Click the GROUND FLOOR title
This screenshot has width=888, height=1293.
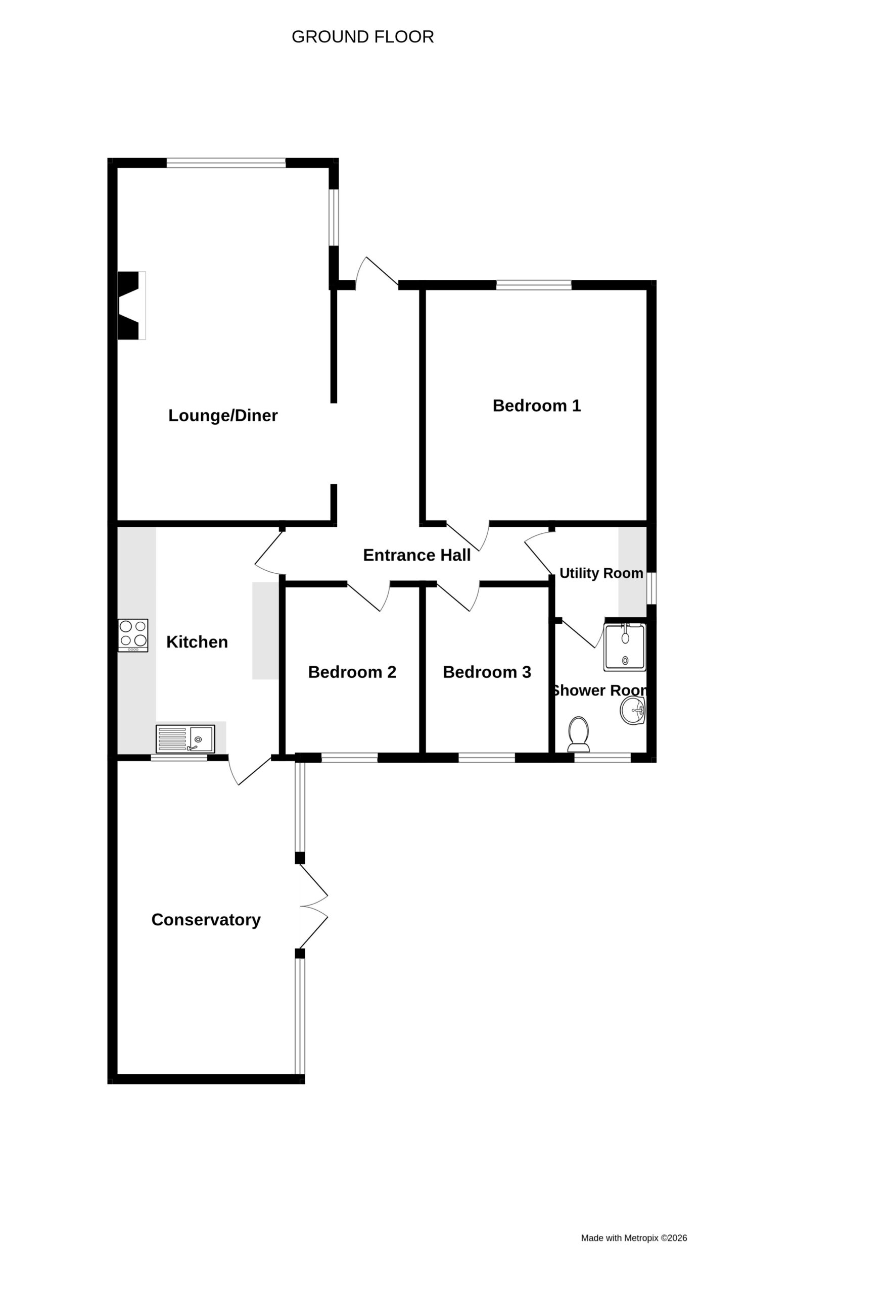(362, 37)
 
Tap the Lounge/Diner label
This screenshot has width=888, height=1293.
(223, 416)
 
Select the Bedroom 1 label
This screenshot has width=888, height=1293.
(537, 406)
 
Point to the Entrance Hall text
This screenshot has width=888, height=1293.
(416, 555)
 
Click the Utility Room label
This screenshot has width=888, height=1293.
(601, 573)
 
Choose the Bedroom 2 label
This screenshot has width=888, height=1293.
(352, 672)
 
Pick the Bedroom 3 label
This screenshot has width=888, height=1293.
(487, 672)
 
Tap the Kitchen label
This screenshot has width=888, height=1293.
(197, 642)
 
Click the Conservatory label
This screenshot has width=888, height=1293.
(206, 920)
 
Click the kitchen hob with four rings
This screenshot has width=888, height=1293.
(133, 635)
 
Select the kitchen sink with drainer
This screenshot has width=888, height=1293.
(185, 739)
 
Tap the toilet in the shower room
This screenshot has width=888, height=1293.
(579, 734)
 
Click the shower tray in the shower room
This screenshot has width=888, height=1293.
(625, 647)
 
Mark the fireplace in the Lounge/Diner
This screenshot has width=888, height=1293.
(131, 306)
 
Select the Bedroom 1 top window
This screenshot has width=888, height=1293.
(533, 285)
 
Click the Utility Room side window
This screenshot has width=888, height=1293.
(651, 588)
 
